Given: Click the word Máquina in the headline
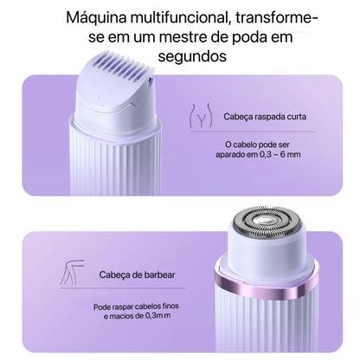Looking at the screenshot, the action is click(x=96, y=18).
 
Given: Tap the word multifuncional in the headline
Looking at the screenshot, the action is click(x=179, y=17).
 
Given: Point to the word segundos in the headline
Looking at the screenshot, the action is click(x=192, y=56).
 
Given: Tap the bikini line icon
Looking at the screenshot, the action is click(x=201, y=116).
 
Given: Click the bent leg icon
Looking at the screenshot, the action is click(x=72, y=272).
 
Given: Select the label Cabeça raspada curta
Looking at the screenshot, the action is click(x=265, y=117).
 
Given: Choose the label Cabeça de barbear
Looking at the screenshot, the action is click(x=137, y=274).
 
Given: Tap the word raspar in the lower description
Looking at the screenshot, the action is click(x=120, y=306).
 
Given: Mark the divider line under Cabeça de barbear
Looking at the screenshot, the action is click(x=122, y=288).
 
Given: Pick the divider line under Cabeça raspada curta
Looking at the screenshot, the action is click(x=253, y=132).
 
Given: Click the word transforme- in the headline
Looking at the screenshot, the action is click(x=276, y=18).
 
